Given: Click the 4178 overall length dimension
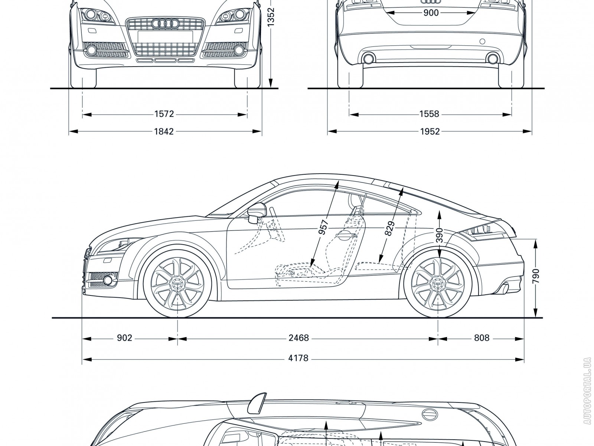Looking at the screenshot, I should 298,358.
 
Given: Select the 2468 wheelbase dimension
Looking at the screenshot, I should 298,338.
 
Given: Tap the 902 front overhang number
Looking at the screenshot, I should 125,338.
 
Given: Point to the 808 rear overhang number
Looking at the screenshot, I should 482,338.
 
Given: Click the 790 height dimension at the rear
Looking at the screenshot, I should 536,277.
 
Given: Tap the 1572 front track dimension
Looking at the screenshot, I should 164,114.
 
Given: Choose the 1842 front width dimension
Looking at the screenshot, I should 164,131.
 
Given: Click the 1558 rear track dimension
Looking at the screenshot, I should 429,114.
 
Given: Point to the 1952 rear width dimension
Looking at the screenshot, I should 430,131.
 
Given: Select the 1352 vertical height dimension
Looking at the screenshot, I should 271,17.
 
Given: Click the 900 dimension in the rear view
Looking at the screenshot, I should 431,13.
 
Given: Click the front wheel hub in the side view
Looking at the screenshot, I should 177,284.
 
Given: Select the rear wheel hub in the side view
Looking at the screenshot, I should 438,284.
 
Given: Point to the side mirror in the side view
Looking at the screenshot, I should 255,213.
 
